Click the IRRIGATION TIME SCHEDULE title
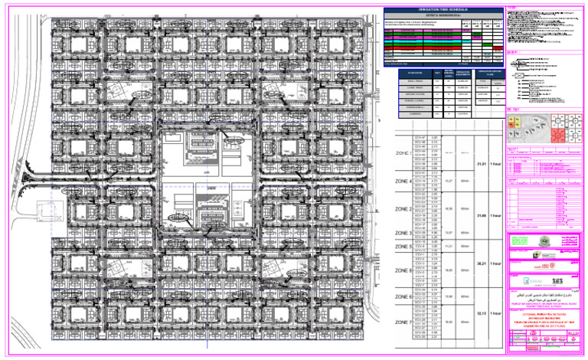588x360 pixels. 443,9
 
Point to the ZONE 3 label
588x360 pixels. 403,208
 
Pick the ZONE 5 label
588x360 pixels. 403,247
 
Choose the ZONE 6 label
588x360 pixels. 403,270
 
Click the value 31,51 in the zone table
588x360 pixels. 482,165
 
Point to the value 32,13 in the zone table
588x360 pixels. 482,314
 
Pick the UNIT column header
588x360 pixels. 438,73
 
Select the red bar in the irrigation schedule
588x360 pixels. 443,31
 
